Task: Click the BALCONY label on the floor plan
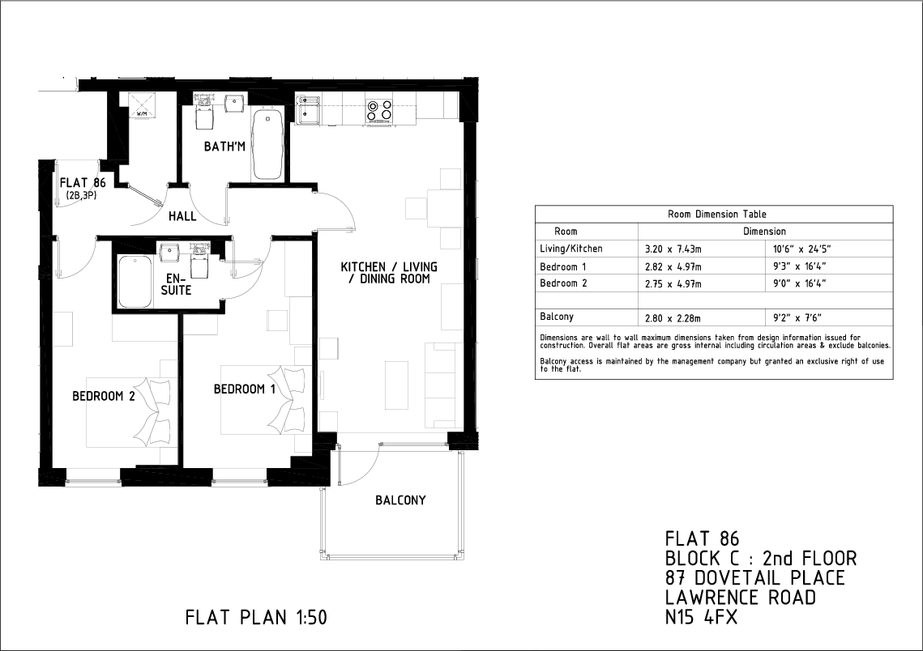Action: pyautogui.click(x=400, y=500)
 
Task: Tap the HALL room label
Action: pyautogui.click(x=182, y=216)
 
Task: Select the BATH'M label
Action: pyautogui.click(x=224, y=147)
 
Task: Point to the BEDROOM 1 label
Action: pyautogui.click(x=244, y=389)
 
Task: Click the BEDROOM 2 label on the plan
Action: pyautogui.click(x=104, y=397)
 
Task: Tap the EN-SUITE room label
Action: pyautogui.click(x=176, y=284)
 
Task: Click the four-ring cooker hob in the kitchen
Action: pyautogui.click(x=380, y=110)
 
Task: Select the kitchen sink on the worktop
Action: pyautogui.click(x=309, y=110)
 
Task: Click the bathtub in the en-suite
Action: pyautogui.click(x=136, y=282)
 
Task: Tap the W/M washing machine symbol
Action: pyautogui.click(x=142, y=104)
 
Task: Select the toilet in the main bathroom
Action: pyautogui.click(x=204, y=113)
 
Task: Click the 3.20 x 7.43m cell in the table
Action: pyautogui.click(x=673, y=249)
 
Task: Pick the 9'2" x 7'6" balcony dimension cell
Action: pyautogui.click(x=797, y=318)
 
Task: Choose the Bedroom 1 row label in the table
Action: pyautogui.click(x=562, y=267)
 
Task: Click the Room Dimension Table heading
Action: pyautogui.click(x=717, y=214)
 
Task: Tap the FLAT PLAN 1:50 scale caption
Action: pyautogui.click(x=256, y=618)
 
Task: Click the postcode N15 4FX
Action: pyautogui.click(x=701, y=618)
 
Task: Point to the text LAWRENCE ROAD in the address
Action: pyautogui.click(x=741, y=598)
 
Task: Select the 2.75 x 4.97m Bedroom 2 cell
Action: pyautogui.click(x=673, y=283)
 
